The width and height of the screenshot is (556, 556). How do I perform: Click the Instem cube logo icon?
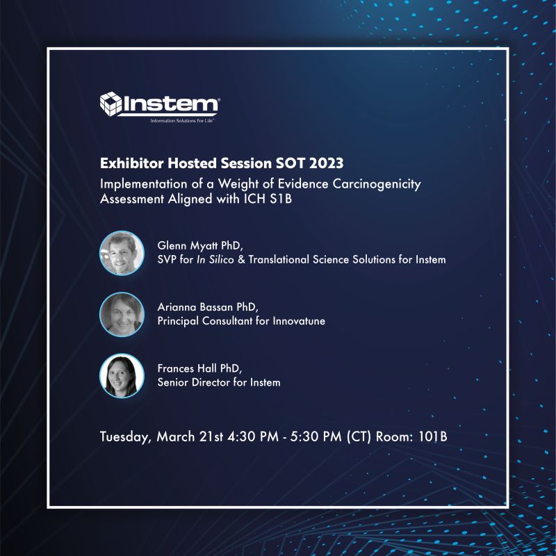(x=111, y=104)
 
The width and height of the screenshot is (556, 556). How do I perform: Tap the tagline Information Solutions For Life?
(x=183, y=120)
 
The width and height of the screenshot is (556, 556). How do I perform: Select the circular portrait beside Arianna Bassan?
(x=122, y=314)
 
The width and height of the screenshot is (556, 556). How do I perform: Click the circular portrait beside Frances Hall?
(x=122, y=375)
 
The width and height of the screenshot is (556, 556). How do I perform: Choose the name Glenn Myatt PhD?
(x=196, y=247)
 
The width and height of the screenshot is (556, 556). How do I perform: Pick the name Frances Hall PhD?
(x=195, y=369)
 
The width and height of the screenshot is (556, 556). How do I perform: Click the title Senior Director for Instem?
(x=219, y=382)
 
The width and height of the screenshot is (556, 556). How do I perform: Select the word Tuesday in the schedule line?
(x=125, y=437)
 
